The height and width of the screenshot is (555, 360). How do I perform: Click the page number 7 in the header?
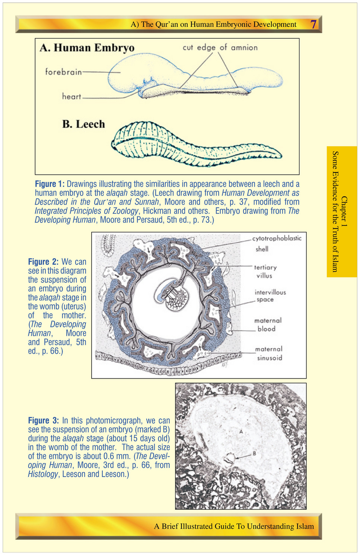[313, 24]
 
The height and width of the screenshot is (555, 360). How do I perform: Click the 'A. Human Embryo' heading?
[87, 48]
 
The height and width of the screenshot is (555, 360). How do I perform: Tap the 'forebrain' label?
[63, 72]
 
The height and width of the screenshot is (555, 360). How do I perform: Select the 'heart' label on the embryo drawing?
[71, 96]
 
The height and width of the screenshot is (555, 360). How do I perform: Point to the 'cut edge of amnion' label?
[220, 47]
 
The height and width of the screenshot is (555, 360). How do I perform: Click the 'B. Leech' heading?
[83, 124]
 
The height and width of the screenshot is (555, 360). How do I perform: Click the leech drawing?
[197, 144]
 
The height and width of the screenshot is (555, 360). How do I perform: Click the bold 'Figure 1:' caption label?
[50, 184]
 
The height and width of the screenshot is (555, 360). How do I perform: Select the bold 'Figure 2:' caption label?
[43, 261]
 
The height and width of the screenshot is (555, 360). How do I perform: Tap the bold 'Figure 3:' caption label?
[43, 420]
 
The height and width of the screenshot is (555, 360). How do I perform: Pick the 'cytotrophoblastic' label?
[277, 238]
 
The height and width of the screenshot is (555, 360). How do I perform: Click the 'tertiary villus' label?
[265, 272]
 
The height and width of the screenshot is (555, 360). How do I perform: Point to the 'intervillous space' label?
[270, 296]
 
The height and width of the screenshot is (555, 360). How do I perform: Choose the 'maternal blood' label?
[268, 324]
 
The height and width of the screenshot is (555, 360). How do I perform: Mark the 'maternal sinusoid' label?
[269, 353]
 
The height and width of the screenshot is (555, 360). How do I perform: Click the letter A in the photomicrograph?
[241, 432]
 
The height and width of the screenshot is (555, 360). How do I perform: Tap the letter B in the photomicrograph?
[254, 453]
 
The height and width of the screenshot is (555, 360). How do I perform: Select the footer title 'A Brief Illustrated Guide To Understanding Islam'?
[234, 526]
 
